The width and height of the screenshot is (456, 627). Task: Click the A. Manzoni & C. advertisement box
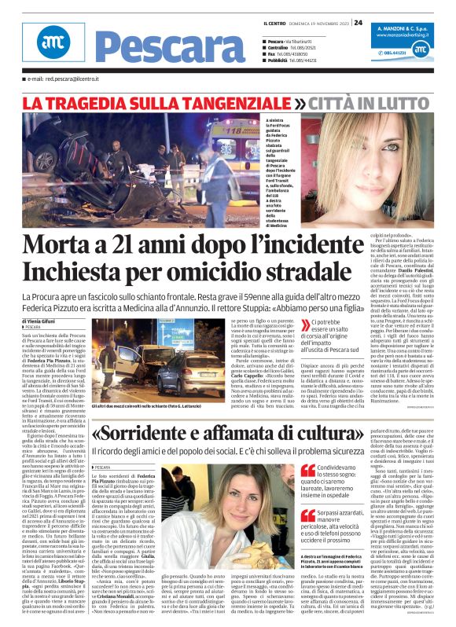(410, 47)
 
